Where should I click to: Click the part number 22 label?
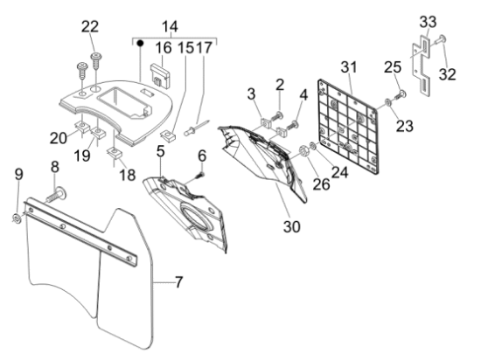tap(90, 27)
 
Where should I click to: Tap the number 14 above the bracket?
tap(170, 27)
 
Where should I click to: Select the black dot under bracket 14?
tap(140, 44)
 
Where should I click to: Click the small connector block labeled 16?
tap(160, 76)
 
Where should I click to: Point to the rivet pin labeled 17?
tap(197, 128)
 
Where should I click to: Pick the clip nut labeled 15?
tap(169, 135)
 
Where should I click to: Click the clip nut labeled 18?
tap(115, 153)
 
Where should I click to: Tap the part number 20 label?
tap(59, 138)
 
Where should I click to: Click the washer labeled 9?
tap(17, 218)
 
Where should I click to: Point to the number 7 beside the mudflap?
tap(178, 282)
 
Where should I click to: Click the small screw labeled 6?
tap(199, 176)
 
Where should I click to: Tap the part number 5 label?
tap(160, 151)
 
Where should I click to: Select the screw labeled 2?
tap(276, 117)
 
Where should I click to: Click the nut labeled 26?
tap(303, 151)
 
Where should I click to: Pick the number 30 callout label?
tap(292, 226)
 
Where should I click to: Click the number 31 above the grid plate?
tap(349, 67)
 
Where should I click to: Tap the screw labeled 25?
tap(401, 95)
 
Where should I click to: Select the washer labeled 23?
tap(387, 102)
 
